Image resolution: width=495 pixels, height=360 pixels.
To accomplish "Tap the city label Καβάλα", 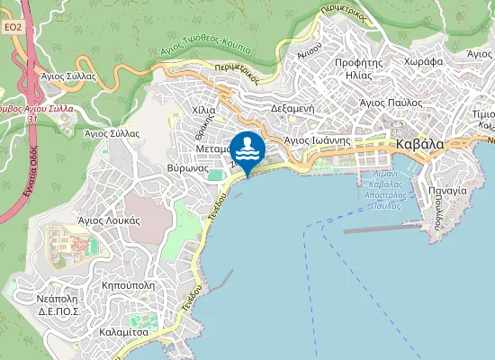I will (x=418, y=144).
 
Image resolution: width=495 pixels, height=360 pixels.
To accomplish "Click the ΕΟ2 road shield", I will (x=12, y=28).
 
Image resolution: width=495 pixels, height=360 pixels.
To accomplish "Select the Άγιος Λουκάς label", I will (x=108, y=219).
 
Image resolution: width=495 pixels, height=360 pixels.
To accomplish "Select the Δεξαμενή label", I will (x=291, y=107).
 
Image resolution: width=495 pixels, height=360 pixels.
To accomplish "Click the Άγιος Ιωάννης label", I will (x=316, y=140).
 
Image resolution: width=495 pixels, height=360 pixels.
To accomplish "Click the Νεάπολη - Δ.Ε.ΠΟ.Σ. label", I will (x=60, y=304).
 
